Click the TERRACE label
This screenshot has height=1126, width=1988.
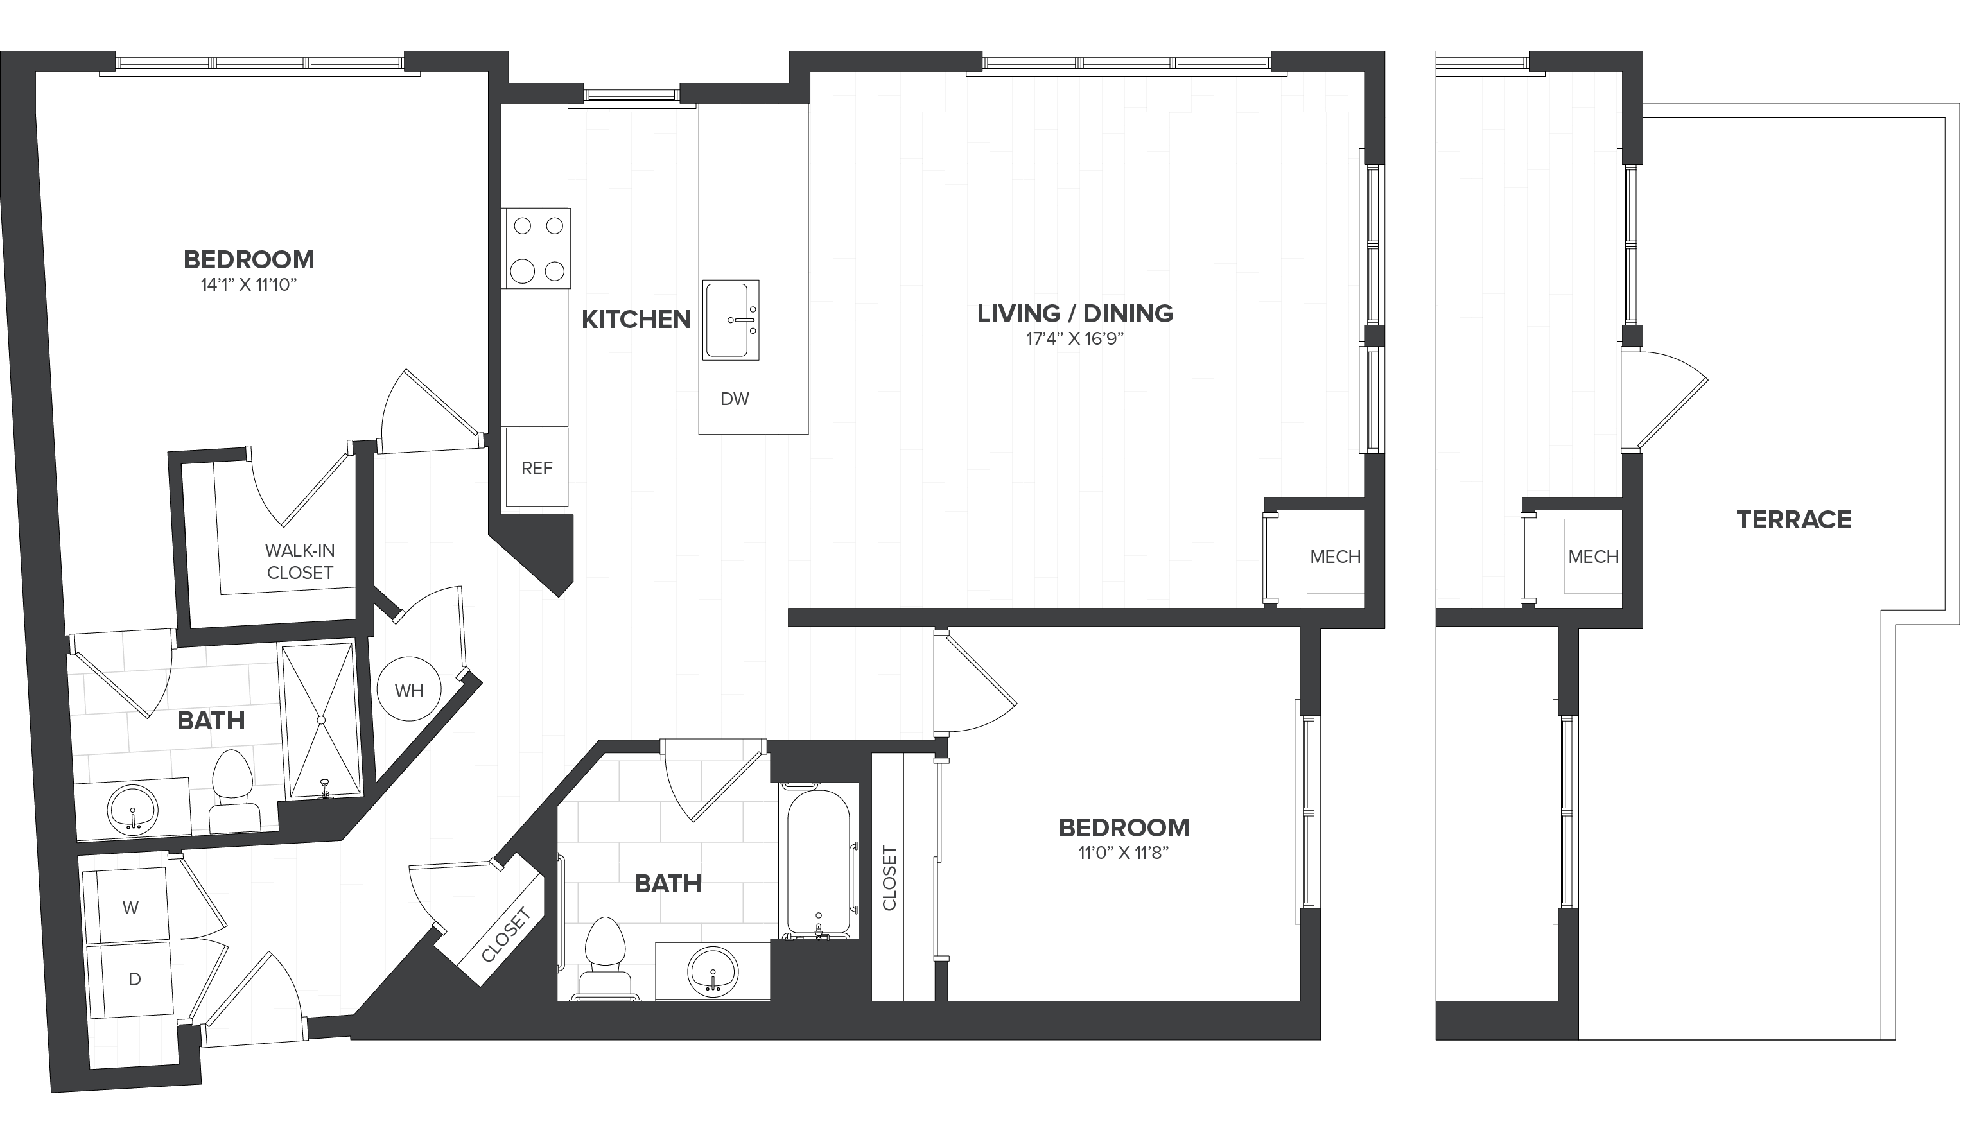[x=1794, y=520]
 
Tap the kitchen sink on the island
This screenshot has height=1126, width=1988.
[x=730, y=320]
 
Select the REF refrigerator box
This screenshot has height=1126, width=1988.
[x=537, y=467]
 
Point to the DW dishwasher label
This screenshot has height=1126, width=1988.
[x=735, y=399]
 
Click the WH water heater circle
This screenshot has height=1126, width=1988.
[x=409, y=689]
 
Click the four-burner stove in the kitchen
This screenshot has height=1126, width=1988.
[x=536, y=248]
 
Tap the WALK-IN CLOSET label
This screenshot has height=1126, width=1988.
[x=300, y=562]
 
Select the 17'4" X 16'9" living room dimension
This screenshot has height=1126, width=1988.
[x=1074, y=339]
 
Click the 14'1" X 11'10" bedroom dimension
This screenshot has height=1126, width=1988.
[x=249, y=284]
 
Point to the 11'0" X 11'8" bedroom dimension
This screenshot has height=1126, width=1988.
[x=1124, y=853]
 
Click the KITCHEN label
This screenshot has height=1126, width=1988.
[x=636, y=320]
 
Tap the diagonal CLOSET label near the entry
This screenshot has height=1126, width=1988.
[x=506, y=935]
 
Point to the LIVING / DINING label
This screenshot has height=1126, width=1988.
[x=1074, y=313]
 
